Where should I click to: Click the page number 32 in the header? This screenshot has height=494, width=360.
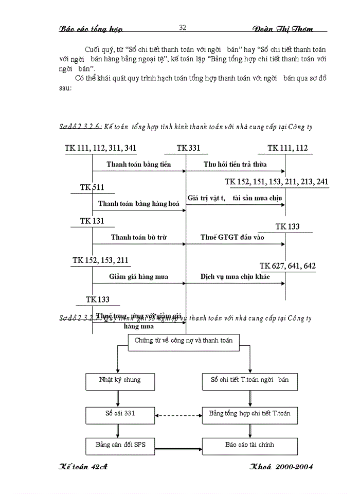point(183,27)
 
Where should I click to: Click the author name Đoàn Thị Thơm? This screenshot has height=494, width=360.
point(283,29)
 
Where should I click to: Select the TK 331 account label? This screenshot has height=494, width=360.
point(188,148)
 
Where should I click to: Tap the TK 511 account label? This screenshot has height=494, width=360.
point(92,188)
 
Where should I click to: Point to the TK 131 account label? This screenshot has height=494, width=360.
point(92,221)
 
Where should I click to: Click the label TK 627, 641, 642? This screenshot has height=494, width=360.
point(287,266)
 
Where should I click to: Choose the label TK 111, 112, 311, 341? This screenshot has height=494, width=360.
point(100,148)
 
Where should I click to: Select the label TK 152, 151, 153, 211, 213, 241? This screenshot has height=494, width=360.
point(276,182)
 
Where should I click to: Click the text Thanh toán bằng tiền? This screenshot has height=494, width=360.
point(139,165)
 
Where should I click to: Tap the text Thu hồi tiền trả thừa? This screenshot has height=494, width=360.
point(236,165)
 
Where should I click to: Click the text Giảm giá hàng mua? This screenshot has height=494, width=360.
point(138,276)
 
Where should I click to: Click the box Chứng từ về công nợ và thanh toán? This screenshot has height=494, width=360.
point(184,341)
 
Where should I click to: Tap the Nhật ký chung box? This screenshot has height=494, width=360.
point(119,380)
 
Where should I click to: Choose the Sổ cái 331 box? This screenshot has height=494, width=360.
point(119,413)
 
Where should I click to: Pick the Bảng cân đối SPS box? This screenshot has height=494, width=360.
point(119,445)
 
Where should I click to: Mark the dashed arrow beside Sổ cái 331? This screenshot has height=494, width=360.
point(177,415)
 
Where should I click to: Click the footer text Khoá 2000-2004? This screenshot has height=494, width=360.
point(281,467)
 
